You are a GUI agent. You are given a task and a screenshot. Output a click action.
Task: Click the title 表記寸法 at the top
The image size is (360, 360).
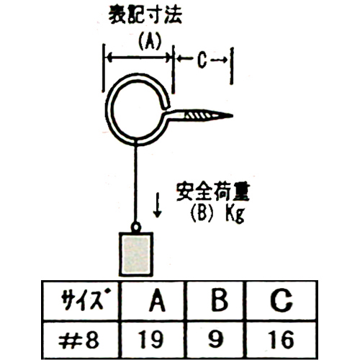(x=145, y=15)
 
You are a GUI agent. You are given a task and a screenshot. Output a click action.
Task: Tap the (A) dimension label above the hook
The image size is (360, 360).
(x=150, y=41)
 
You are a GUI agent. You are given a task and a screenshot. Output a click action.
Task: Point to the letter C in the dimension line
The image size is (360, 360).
(x=202, y=60)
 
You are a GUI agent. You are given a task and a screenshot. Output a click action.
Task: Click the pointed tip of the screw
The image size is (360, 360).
(x=232, y=116)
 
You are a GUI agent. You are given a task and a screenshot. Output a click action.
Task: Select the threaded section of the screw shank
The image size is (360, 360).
(x=198, y=116)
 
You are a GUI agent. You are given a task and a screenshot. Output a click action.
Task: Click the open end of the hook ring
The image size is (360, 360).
(x=166, y=106)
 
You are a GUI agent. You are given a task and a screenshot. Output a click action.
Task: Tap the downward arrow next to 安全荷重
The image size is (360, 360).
(x=157, y=205)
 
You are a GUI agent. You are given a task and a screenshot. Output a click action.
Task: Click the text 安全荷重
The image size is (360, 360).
(x=213, y=192)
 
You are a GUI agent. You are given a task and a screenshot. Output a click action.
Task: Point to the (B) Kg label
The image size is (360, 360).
(x=217, y=214)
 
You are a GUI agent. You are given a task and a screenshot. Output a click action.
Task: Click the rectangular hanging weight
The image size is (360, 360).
(x=136, y=254)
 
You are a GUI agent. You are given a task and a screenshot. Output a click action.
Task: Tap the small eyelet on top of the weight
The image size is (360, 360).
(x=136, y=227)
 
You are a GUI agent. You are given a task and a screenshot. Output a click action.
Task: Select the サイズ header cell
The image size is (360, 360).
(x=81, y=301)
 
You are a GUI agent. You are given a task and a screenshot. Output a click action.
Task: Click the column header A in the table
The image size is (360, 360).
(x=158, y=300)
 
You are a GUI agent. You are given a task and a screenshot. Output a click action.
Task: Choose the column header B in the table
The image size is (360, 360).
(x=220, y=300)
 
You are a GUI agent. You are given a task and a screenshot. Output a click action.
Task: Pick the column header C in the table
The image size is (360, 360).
(x=281, y=300)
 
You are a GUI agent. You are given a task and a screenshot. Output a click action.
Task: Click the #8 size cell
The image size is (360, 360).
(x=78, y=341)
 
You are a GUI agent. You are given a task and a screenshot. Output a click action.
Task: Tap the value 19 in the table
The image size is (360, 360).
(x=150, y=340)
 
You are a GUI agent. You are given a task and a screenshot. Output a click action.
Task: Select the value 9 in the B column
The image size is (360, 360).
(x=215, y=339)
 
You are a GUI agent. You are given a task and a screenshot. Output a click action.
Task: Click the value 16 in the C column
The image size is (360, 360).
(x=282, y=340)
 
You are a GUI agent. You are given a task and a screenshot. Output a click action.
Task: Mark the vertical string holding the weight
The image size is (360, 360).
(x=136, y=184)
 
